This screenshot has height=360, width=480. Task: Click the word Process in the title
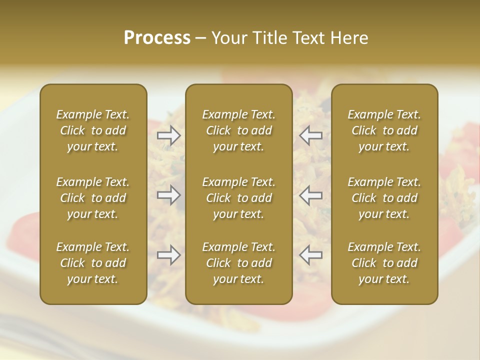(157, 37)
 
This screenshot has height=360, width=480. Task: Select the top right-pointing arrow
(169, 135)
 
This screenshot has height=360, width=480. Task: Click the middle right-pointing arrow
(169, 195)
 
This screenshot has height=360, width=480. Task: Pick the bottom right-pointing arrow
(169, 255)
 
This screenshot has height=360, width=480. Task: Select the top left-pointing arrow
(311, 135)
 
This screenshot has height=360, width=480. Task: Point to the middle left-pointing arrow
(311, 195)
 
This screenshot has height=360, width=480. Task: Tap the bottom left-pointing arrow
(311, 255)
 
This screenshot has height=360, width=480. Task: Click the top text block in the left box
(93, 130)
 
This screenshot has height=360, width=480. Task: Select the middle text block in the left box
(93, 198)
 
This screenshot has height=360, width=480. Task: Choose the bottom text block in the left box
(93, 263)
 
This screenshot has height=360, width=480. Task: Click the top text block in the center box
(239, 130)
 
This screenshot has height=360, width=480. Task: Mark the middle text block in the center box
(239, 198)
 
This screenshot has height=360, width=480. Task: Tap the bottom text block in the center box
(239, 263)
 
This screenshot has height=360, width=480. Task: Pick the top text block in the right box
(384, 130)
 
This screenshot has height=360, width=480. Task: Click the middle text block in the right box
(384, 198)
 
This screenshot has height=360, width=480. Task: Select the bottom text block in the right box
(384, 263)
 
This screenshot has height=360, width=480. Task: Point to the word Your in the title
(227, 37)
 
